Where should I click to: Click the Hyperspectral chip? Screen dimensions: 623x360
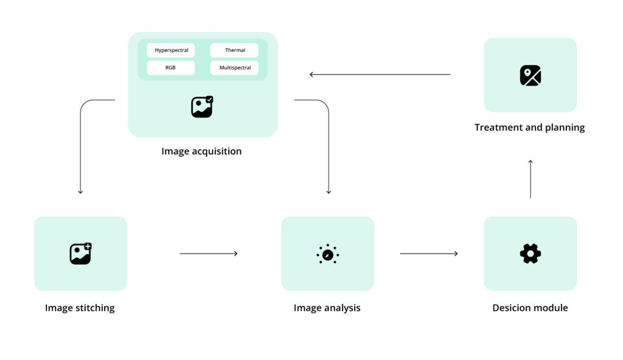[x=171, y=50]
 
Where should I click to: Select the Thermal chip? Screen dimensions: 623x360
[x=234, y=50]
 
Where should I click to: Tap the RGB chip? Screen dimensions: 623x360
[x=171, y=68]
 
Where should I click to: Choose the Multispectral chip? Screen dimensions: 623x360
[x=234, y=68]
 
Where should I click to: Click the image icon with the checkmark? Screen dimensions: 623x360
[x=202, y=106]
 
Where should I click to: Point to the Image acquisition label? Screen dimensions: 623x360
[x=201, y=151]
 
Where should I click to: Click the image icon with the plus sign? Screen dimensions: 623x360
[x=81, y=254]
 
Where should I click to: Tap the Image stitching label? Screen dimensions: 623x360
[x=80, y=308]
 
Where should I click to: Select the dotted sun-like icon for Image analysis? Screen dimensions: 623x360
[x=328, y=254]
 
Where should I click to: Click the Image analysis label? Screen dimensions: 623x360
[x=327, y=308]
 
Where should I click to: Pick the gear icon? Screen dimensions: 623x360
[x=531, y=254]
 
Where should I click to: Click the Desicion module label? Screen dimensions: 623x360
[x=530, y=308]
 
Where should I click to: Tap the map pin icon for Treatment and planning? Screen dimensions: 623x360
[x=531, y=75]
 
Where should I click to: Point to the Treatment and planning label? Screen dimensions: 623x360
[x=530, y=128]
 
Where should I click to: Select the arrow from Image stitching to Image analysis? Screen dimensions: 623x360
[x=209, y=254]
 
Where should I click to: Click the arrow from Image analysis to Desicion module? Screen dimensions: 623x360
[x=429, y=254]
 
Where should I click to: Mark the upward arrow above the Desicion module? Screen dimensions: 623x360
[x=531, y=179]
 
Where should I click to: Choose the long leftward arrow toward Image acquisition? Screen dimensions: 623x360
[x=380, y=74]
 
